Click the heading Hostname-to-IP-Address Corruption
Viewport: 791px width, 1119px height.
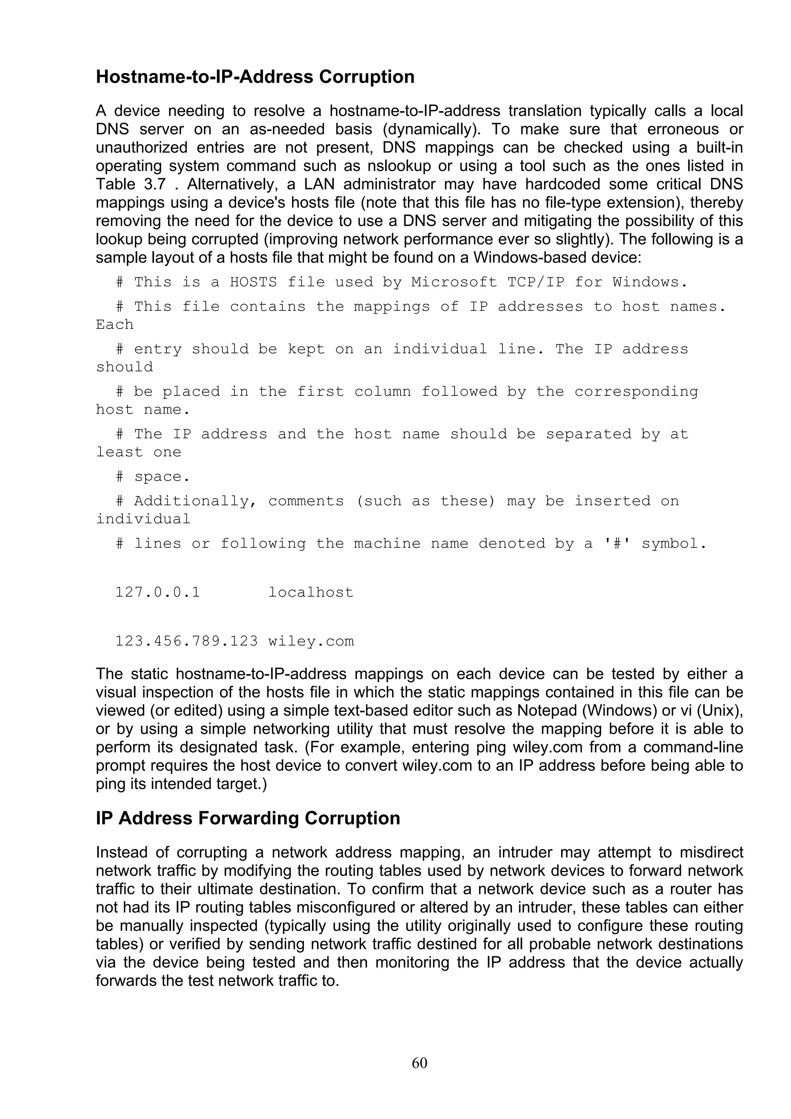point(255,77)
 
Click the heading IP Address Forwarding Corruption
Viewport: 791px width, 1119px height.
point(248,832)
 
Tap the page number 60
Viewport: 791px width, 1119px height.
point(419,1063)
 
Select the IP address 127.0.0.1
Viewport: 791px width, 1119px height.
point(158,592)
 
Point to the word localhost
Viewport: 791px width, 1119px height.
point(311,592)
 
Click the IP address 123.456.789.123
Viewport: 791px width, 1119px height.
point(186,641)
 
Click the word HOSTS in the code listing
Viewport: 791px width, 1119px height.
point(253,282)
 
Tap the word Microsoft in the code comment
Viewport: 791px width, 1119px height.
point(454,282)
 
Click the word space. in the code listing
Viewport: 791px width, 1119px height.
point(161,476)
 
